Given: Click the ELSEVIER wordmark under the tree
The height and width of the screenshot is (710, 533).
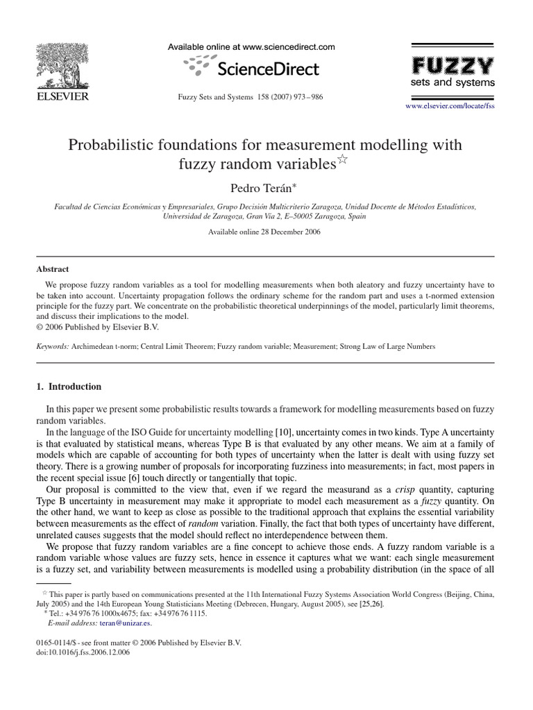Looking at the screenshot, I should (62, 97).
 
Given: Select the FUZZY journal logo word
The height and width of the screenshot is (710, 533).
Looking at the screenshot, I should (454, 66).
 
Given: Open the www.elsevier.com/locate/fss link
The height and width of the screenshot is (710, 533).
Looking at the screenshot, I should (450, 106).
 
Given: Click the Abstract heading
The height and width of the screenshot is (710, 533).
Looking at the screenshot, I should (52, 269).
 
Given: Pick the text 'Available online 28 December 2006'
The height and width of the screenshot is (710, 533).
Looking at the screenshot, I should (264, 232).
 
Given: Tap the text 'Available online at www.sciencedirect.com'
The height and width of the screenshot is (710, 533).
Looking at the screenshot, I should (251, 47).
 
